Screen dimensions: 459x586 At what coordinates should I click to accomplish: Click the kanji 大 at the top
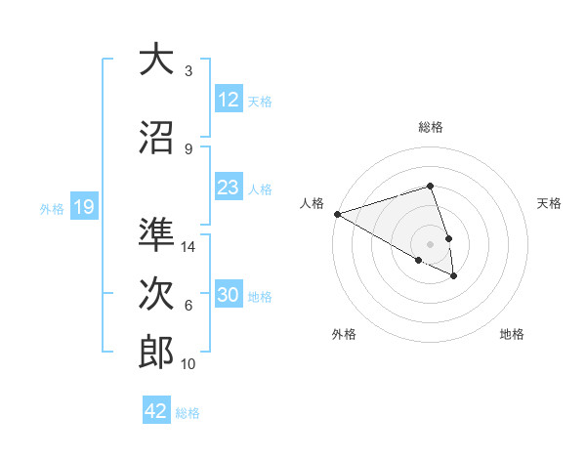click(156, 62)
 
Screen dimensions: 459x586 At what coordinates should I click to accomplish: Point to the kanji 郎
click(156, 353)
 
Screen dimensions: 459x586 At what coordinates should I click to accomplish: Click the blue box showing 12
click(229, 100)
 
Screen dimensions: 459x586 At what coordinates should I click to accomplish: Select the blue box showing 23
click(229, 188)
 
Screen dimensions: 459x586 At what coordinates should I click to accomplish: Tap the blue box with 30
click(229, 295)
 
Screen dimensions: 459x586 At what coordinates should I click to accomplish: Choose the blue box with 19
click(83, 207)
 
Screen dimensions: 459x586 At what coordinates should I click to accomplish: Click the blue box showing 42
click(156, 411)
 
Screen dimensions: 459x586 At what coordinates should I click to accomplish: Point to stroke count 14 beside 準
click(189, 247)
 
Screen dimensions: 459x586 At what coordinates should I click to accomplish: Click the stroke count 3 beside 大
click(188, 71)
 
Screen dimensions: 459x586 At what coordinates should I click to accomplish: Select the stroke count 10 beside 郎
click(189, 364)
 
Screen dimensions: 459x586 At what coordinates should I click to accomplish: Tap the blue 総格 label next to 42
click(188, 413)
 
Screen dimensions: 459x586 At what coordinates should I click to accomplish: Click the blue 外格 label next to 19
click(51, 208)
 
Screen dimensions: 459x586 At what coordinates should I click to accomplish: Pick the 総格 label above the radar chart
click(430, 127)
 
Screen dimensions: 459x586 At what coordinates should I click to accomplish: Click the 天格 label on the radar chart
click(549, 203)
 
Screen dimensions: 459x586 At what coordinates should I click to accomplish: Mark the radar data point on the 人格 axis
click(337, 214)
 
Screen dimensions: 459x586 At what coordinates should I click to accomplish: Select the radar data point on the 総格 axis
click(430, 186)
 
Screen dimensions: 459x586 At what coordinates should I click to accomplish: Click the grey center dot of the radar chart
click(430, 243)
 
